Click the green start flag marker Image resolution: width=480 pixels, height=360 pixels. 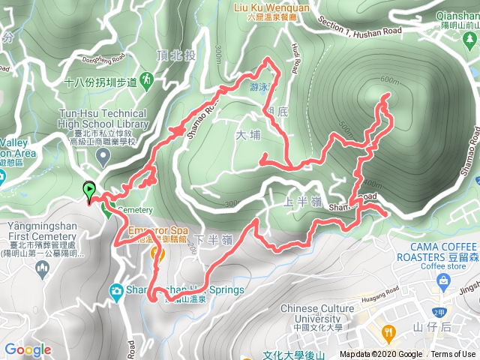tap(89, 190)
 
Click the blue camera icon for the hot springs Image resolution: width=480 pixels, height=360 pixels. tap(117, 291)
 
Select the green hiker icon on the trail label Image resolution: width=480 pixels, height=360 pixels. tap(146, 79)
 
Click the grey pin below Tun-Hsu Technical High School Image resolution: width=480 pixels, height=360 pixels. tap(103, 155)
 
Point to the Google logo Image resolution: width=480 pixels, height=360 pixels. tap(28, 349)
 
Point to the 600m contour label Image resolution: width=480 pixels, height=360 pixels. tap(390, 80)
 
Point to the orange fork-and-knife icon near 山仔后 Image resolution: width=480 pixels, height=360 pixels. tap(388, 331)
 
